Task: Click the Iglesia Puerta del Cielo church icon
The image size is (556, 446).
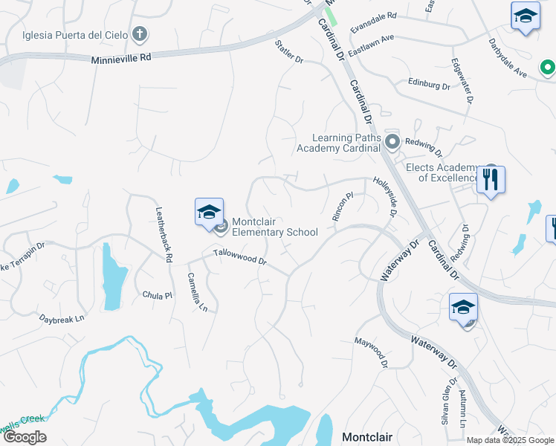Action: [139, 34]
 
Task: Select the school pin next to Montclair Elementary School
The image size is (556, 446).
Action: [209, 213]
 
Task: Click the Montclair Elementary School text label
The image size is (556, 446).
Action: [274, 227]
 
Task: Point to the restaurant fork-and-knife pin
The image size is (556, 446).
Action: [491, 181]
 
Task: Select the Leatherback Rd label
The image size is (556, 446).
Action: [164, 233]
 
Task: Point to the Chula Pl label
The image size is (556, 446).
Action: [157, 295]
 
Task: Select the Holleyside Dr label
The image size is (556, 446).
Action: [386, 196]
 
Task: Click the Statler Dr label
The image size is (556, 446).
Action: [289, 53]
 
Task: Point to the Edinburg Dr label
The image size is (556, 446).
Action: [429, 85]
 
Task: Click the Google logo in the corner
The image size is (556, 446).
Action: [25, 437]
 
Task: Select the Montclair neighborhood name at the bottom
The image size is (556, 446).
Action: [367, 436]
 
